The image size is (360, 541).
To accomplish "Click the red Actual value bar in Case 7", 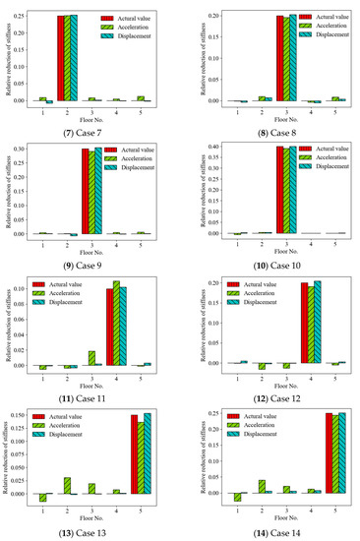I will tap(61, 58).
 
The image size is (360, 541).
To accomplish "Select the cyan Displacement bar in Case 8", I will tap(292, 58).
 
